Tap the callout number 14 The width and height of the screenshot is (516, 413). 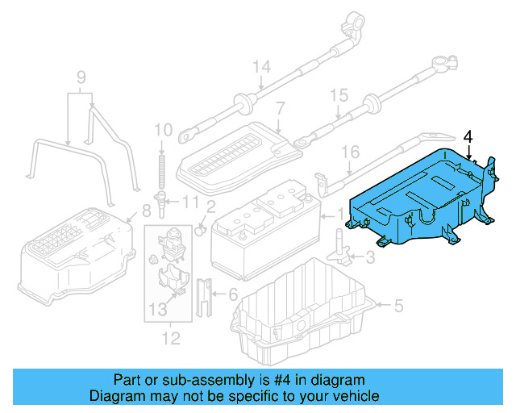[x=260, y=67]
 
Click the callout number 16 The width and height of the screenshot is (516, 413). [x=348, y=152]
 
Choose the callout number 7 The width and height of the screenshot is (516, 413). [x=280, y=108]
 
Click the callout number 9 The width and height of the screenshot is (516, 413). [x=81, y=78]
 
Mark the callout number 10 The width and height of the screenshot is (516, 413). [x=162, y=129]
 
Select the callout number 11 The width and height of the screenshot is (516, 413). [x=189, y=202]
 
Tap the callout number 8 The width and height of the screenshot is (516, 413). [x=146, y=212]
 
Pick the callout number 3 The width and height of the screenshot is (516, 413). [x=370, y=257]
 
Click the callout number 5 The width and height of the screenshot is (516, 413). [x=397, y=305]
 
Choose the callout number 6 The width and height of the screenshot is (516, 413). [x=233, y=294]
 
